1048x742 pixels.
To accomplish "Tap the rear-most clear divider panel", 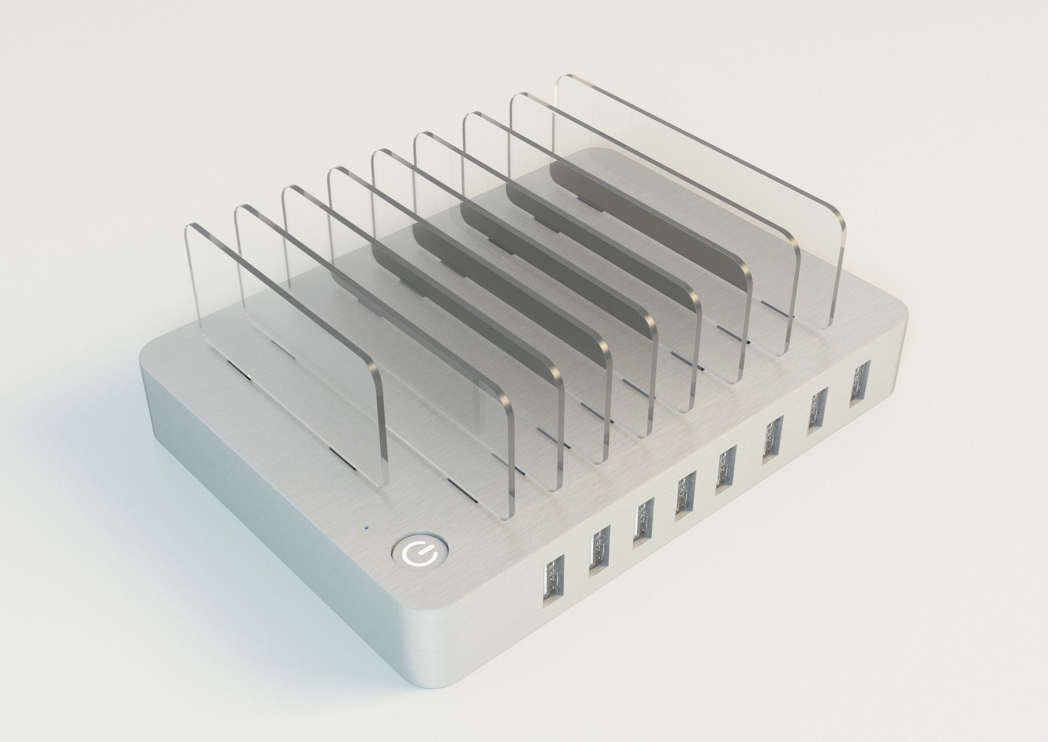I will pos(698,192).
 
